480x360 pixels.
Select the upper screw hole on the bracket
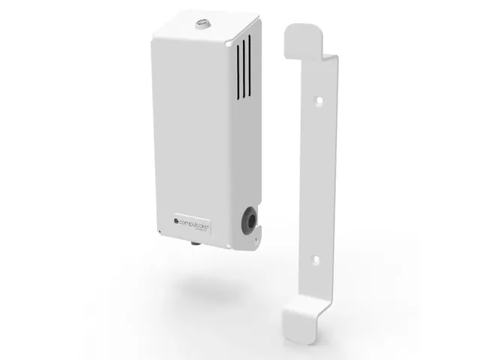point(319,99)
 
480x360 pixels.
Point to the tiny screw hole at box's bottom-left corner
point(159,228)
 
